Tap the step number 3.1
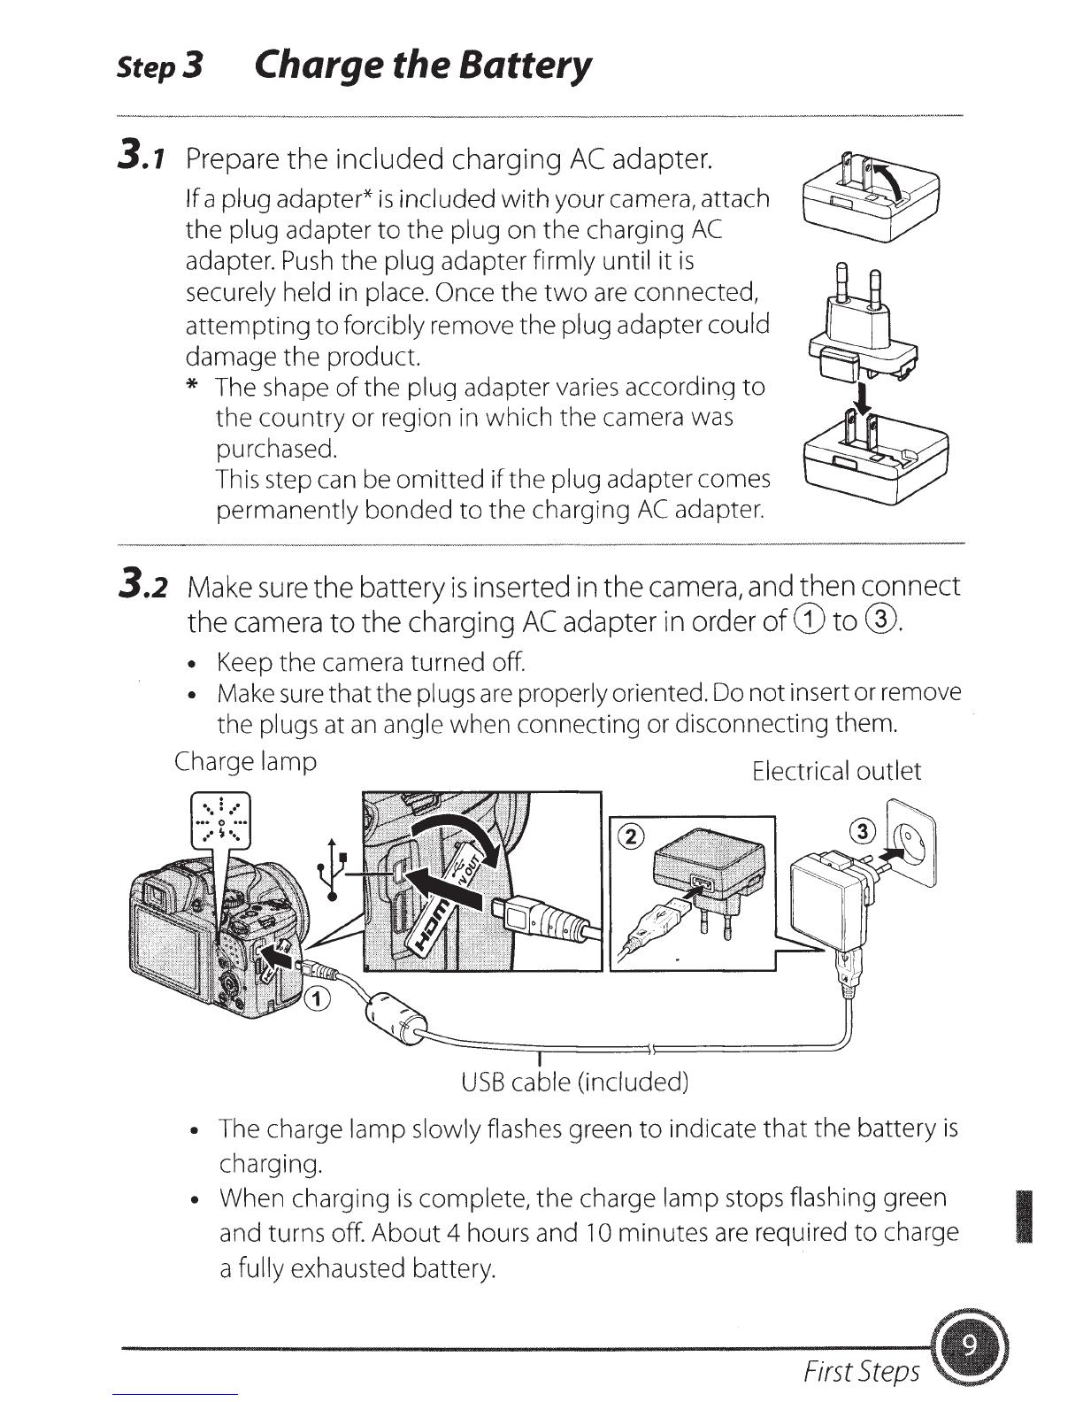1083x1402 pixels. click(x=142, y=157)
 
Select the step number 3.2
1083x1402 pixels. click(x=142, y=585)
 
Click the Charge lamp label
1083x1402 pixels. click(x=245, y=762)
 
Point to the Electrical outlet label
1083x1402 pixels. click(x=837, y=770)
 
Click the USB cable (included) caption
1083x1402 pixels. click(x=575, y=1082)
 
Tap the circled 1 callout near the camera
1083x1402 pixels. click(x=317, y=999)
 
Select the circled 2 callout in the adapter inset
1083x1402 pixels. click(x=631, y=836)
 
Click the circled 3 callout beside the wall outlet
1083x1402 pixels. click(x=863, y=830)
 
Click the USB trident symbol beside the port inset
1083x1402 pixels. click(x=332, y=870)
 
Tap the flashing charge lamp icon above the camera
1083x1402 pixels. click(x=220, y=821)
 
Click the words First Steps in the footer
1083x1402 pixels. click(x=861, y=1371)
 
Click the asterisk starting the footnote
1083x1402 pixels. click(x=192, y=385)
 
